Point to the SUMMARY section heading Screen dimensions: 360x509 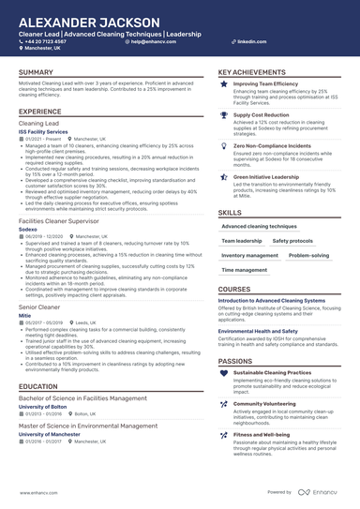click(36, 72)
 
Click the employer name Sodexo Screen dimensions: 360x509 click(28, 228)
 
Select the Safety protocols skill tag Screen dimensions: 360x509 click(292, 241)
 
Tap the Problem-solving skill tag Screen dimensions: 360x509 click(307, 255)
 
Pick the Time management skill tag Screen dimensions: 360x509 click(245, 270)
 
